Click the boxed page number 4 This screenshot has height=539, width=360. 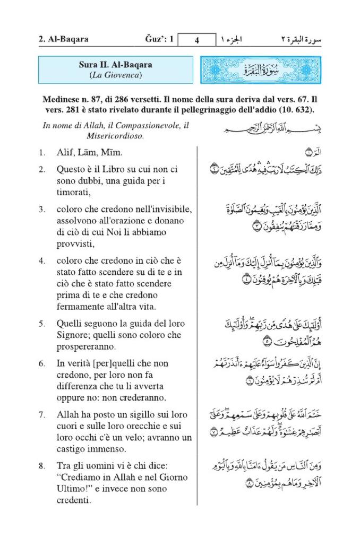(196, 40)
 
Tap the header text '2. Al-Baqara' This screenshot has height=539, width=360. (63, 39)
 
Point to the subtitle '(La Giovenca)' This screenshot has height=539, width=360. (115, 75)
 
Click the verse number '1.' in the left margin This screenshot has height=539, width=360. (41, 153)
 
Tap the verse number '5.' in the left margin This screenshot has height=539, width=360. (41, 323)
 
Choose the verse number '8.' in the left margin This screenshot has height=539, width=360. (41, 466)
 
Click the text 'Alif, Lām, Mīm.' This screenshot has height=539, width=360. (90, 153)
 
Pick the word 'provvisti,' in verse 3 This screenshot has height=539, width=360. (76, 244)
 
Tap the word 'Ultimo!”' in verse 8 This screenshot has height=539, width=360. (75, 489)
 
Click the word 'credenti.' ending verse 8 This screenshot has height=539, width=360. (74, 500)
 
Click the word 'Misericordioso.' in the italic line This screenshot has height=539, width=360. (115, 136)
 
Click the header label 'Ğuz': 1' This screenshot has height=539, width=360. (159, 39)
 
